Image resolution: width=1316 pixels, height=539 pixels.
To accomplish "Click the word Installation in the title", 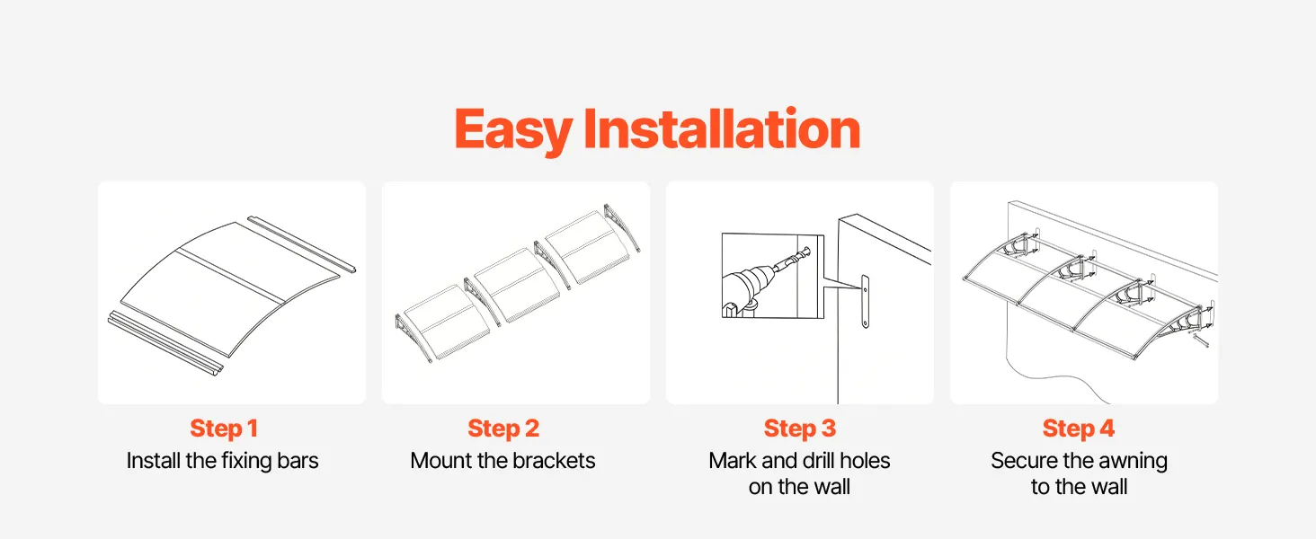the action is (722, 128).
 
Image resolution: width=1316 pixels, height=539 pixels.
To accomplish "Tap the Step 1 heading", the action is (224, 429).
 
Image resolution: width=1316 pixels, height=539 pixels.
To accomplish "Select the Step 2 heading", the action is (503, 429).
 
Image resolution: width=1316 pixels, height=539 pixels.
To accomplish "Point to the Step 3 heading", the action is (800, 429).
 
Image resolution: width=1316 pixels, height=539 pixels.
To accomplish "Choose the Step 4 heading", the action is (1079, 429).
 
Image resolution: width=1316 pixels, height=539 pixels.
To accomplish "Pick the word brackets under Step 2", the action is (554, 461).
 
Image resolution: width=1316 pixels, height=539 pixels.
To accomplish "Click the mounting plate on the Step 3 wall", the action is (865, 301).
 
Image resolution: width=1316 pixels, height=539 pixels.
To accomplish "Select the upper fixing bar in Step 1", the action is (301, 244).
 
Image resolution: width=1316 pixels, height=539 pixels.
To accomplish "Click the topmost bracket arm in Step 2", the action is (622, 228).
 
